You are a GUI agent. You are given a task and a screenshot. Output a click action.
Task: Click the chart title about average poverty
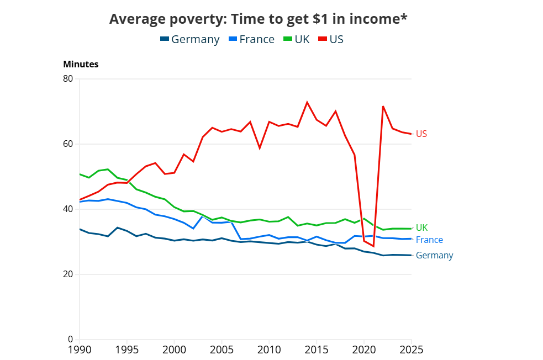click(x=259, y=19)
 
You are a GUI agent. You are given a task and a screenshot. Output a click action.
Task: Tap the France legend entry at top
click(x=251, y=39)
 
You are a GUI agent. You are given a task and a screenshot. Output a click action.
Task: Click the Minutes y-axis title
click(x=81, y=64)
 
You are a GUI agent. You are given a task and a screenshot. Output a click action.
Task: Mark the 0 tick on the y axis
click(x=70, y=340)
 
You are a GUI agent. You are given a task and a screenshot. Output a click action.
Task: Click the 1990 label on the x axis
click(x=80, y=350)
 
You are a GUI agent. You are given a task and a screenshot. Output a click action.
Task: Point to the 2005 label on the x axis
click(x=222, y=350)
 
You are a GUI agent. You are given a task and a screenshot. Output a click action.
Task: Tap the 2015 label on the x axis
click(x=317, y=350)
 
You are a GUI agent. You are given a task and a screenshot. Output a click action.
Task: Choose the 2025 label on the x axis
click(x=411, y=350)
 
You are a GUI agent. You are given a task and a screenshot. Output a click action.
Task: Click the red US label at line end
click(x=421, y=134)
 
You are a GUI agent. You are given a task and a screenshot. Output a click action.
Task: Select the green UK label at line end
click(x=422, y=227)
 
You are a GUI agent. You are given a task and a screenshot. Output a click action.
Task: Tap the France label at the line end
click(x=429, y=240)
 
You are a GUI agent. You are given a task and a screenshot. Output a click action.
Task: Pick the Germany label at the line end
click(x=434, y=255)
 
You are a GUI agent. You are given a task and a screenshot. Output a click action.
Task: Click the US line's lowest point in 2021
click(x=373, y=246)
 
